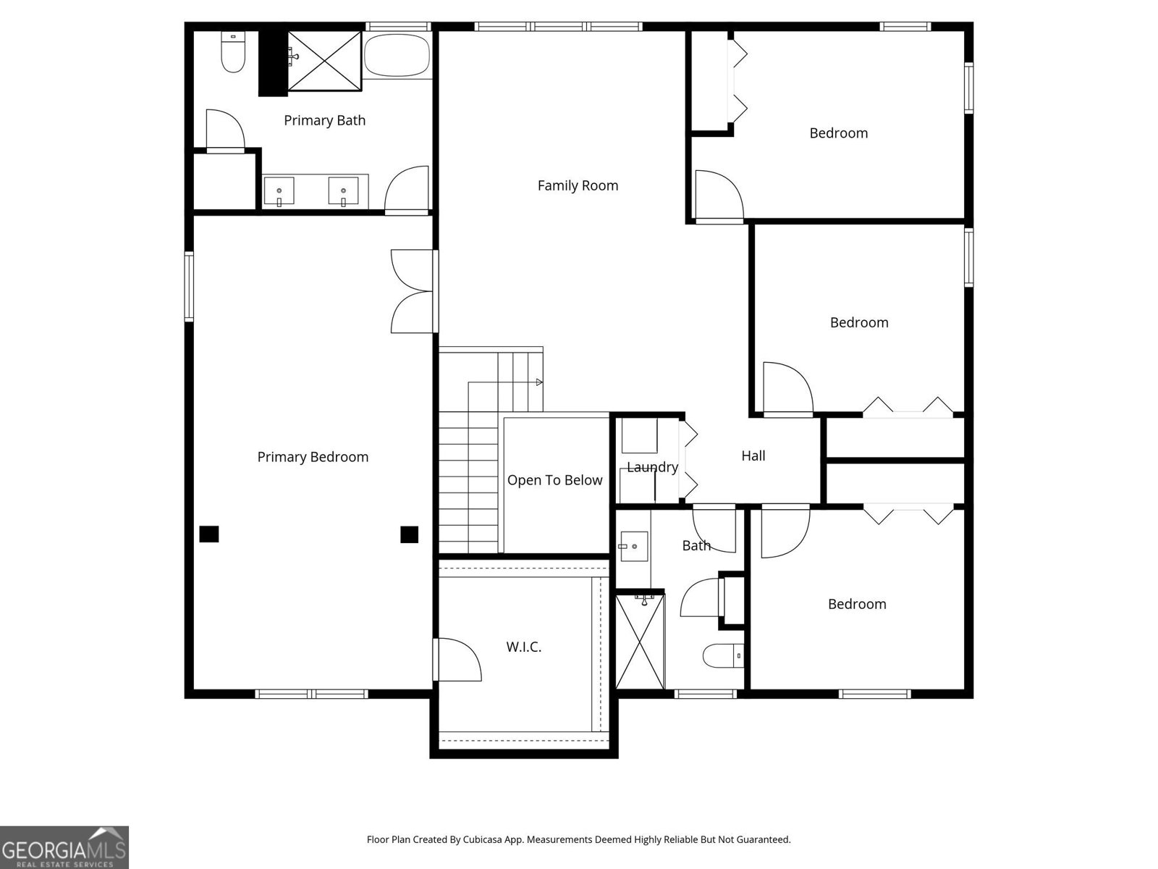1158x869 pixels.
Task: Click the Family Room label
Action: click(x=578, y=185)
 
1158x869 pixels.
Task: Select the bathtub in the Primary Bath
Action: click(x=397, y=55)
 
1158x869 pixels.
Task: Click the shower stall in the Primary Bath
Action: click(x=324, y=61)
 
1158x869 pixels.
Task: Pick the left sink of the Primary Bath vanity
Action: click(x=279, y=192)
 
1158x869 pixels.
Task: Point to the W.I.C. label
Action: click(x=523, y=647)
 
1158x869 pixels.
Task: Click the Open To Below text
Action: click(x=554, y=480)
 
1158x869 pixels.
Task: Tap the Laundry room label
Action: click(x=652, y=467)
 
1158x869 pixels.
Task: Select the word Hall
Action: click(x=753, y=456)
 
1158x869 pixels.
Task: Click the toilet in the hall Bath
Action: click(x=722, y=656)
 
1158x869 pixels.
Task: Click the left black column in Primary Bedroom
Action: click(x=209, y=534)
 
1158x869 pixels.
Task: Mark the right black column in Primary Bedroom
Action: click(x=410, y=534)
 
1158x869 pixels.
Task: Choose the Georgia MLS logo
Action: click(x=64, y=847)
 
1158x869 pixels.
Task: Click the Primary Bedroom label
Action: click(x=313, y=457)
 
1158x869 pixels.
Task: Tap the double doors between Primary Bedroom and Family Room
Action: click(x=413, y=291)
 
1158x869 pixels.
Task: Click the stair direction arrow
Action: click(x=539, y=382)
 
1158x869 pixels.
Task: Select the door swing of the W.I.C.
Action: click(x=459, y=659)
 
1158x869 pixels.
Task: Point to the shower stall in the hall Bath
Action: click(x=640, y=642)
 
